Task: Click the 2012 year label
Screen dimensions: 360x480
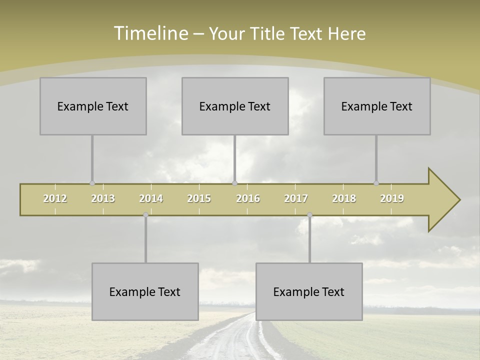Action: click(55, 199)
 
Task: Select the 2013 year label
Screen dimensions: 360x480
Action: click(103, 199)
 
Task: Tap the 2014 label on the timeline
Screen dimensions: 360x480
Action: click(151, 199)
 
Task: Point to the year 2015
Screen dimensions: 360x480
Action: click(199, 199)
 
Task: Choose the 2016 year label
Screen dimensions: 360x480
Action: click(248, 199)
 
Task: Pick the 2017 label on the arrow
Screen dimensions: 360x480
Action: click(296, 199)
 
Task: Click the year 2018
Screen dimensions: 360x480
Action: click(344, 199)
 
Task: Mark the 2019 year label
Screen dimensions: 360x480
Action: click(392, 199)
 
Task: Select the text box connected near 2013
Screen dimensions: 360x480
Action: click(93, 106)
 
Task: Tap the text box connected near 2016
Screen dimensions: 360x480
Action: click(235, 106)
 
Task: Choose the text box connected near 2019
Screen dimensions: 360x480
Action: click(377, 106)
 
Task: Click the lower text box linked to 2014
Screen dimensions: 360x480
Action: click(145, 291)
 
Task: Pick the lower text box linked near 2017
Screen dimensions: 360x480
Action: click(309, 291)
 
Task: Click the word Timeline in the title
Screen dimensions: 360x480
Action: click(150, 33)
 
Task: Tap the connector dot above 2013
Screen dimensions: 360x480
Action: click(92, 183)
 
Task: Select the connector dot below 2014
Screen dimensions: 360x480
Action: click(145, 214)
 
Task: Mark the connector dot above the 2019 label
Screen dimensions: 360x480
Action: click(376, 183)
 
